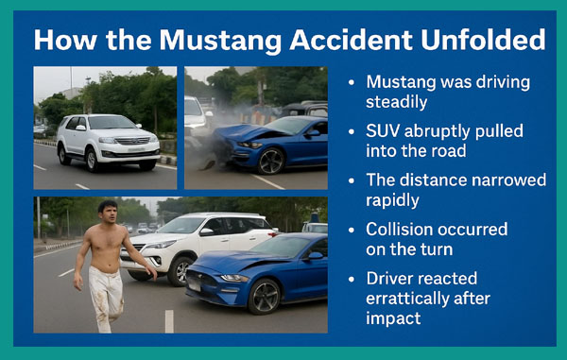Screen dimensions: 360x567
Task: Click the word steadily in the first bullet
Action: pyautogui.click(x=395, y=100)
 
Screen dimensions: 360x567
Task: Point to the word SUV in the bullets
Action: pyautogui.click(x=384, y=129)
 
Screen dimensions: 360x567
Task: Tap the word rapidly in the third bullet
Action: pyautogui.click(x=394, y=200)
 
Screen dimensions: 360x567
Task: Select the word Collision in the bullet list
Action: pyautogui.click(x=401, y=230)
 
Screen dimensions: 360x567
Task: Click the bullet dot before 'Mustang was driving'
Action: pyautogui.click(x=352, y=81)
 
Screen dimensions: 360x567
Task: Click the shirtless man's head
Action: pyautogui.click(x=107, y=209)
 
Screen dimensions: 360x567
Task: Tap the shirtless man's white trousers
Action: pyautogui.click(x=107, y=293)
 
